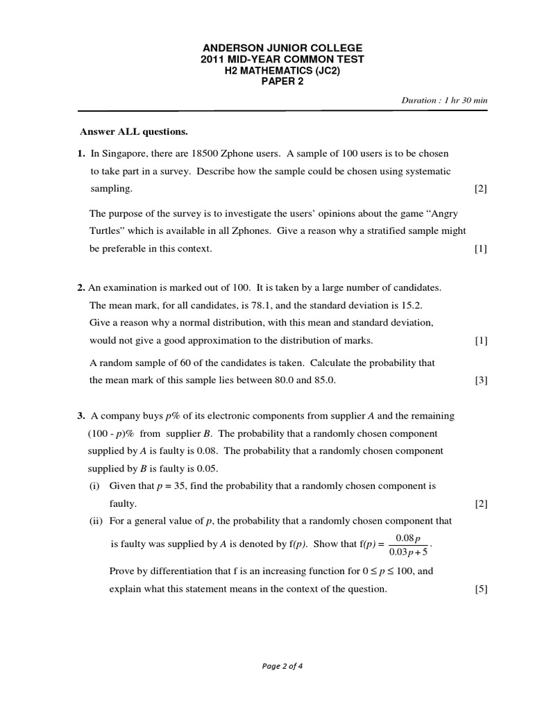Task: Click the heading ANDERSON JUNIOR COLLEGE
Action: point(282,48)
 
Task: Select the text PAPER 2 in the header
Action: point(282,81)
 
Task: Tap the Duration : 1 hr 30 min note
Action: point(444,100)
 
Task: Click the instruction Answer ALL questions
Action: point(134,131)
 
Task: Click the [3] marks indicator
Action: point(481,380)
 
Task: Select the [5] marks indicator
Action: point(481,589)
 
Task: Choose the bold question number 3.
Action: point(81,416)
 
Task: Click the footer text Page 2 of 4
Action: point(282,666)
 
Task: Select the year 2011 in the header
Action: point(212,59)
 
